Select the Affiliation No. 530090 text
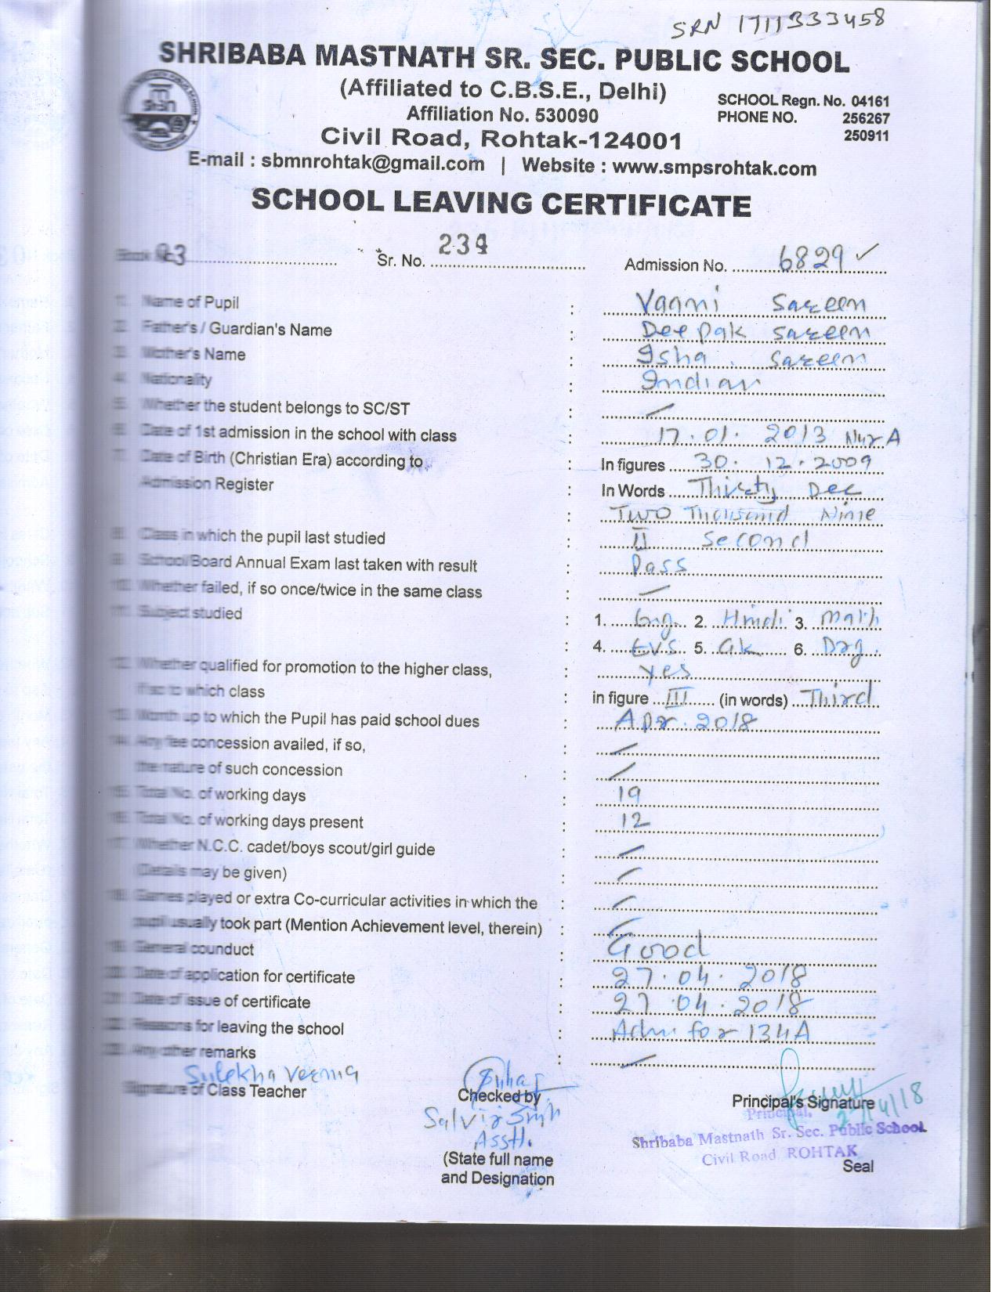501,115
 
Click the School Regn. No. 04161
803,101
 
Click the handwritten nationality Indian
700,382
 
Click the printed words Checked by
498,1096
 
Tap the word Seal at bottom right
858,1166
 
